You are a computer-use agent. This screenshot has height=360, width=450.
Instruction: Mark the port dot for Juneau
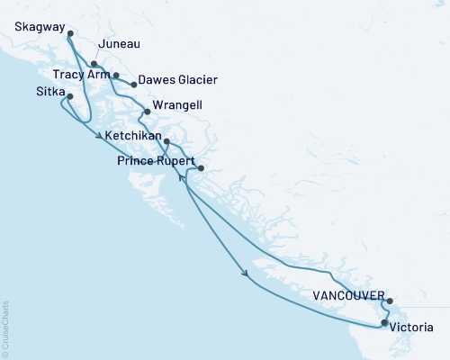pyautogui.click(x=94, y=64)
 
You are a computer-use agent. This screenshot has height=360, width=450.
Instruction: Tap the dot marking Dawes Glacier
pyautogui.click(x=134, y=85)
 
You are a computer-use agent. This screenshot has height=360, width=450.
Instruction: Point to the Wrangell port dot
pyautogui.click(x=147, y=112)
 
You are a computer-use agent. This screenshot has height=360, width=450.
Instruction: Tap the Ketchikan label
pyautogui.click(x=134, y=136)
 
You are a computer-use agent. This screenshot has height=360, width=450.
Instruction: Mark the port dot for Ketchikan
pyautogui.click(x=166, y=141)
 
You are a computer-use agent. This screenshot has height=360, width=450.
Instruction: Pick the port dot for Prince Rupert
pyautogui.click(x=201, y=168)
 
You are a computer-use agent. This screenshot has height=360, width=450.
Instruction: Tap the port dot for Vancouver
pyautogui.click(x=389, y=301)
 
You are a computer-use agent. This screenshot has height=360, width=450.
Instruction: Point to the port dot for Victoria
pyautogui.click(x=384, y=322)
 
